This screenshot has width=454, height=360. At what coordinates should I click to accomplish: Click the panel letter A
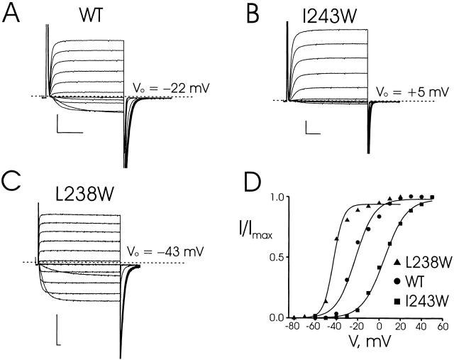point(11,15)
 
